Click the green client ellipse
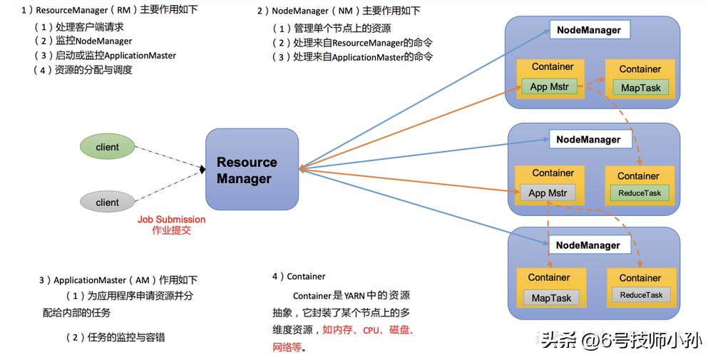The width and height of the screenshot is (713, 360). [x=107, y=148]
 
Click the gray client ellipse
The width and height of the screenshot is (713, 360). [x=107, y=202]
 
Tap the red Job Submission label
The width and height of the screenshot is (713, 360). [x=171, y=220]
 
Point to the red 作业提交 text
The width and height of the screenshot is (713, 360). [x=171, y=231]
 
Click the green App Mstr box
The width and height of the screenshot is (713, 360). [x=549, y=87]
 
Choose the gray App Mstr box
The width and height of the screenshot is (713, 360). [x=548, y=192]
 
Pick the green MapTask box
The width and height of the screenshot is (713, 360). [x=641, y=88]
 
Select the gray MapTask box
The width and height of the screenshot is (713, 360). [x=551, y=298]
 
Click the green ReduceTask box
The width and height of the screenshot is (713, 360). [x=640, y=193]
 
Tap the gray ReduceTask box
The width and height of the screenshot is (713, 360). [x=641, y=295]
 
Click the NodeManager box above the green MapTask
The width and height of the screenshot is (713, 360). [x=588, y=31]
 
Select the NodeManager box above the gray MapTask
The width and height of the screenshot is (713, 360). [x=588, y=245]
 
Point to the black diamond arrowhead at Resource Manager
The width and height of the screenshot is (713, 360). [x=202, y=169]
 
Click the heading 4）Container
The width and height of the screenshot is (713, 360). [x=299, y=276]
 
